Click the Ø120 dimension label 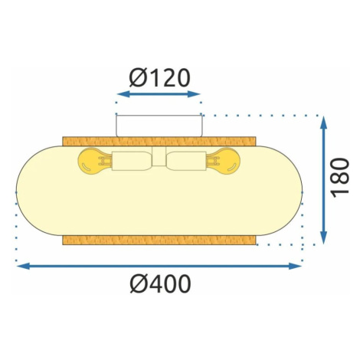(x=159, y=78)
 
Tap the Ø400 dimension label (x=160, y=284)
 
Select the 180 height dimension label (x=340, y=178)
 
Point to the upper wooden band (x=159, y=142)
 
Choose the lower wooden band (x=159, y=241)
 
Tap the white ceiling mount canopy (x=159, y=126)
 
